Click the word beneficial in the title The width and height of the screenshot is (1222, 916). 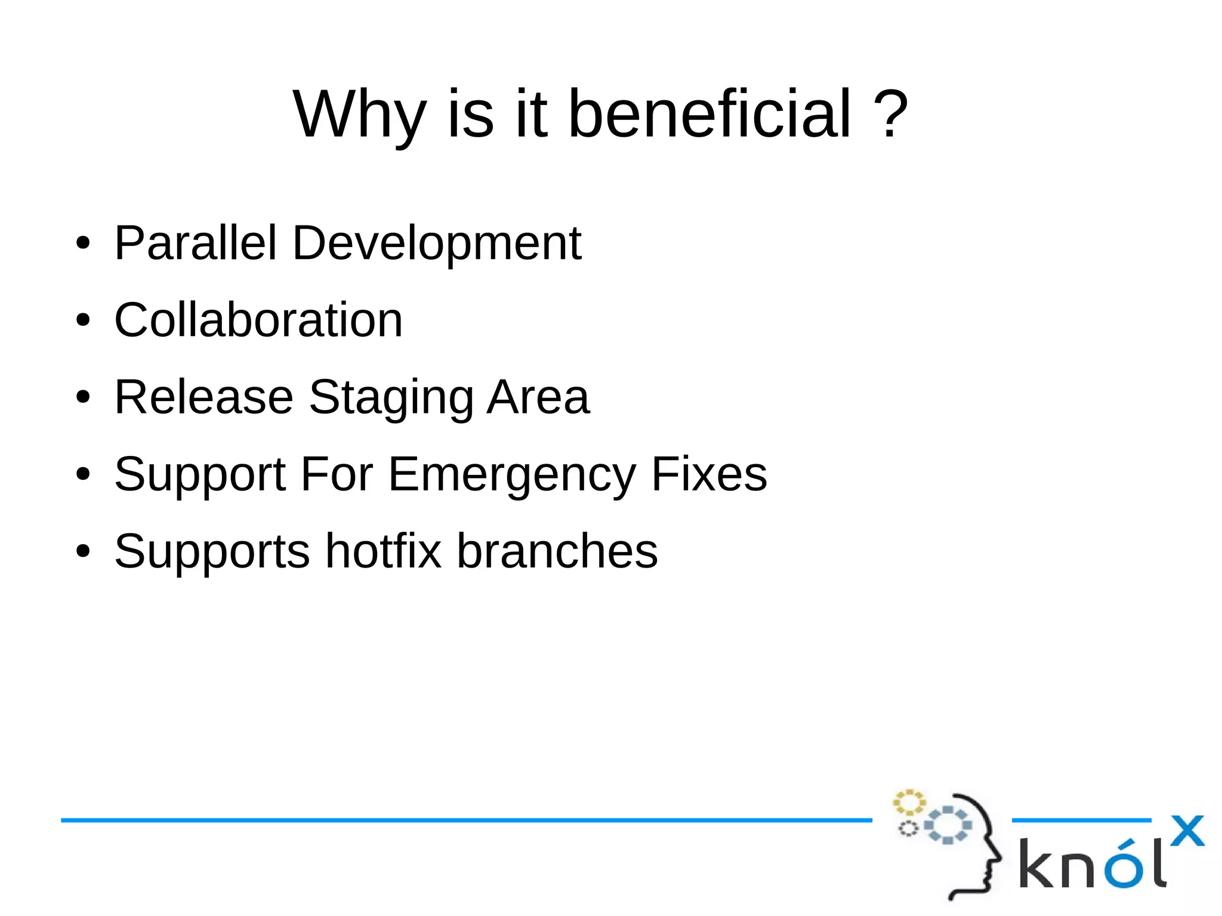(709, 113)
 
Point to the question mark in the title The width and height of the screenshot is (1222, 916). (890, 113)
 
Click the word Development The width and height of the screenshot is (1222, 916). (437, 243)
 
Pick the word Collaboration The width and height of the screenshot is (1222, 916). (258, 320)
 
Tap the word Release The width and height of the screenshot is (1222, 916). (204, 397)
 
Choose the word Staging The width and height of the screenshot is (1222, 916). (391, 398)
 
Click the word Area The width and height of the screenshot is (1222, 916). (538, 397)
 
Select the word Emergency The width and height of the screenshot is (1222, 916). (513, 475)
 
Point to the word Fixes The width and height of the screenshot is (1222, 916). (709, 474)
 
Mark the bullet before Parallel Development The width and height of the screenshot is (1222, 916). (83, 243)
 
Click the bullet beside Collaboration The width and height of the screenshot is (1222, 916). (83, 320)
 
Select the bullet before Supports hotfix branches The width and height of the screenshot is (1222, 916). (83, 551)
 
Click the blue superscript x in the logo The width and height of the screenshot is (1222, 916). (1187, 831)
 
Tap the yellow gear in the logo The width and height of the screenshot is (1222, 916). (909, 803)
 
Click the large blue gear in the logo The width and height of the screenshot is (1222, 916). (948, 825)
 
